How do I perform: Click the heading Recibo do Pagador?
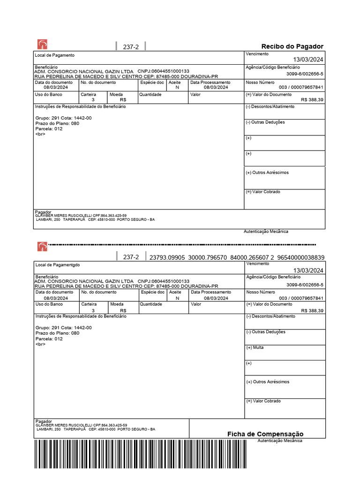coord(292,46)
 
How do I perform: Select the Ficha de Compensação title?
coord(265,434)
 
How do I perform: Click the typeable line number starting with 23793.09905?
coord(236,257)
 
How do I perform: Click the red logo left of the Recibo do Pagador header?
coord(42,45)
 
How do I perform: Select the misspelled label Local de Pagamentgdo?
coord(58,265)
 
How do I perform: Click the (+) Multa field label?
coord(255,348)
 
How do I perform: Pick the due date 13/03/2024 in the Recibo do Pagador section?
coord(308,60)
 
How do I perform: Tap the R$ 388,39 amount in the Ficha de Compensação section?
coord(312,310)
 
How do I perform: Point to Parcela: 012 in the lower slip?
coord(49,338)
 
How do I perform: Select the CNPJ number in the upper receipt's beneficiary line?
coord(164,71)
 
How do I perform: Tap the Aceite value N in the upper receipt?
coord(177,88)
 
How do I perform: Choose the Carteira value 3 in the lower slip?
coord(93,310)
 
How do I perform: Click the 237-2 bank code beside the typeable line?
coord(131,257)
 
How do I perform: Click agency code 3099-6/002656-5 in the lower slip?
coord(305,285)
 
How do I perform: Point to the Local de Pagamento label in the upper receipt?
coord(55,55)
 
